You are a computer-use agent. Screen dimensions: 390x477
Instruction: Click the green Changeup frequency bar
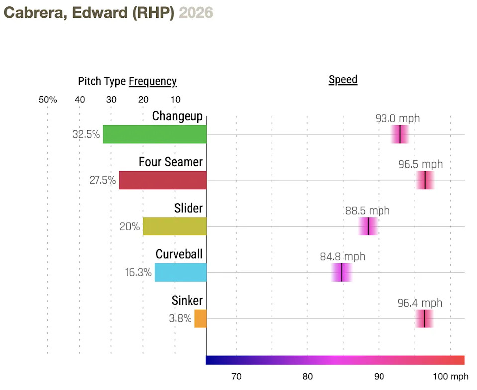[155, 134]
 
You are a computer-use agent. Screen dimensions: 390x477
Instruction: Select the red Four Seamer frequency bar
[163, 180]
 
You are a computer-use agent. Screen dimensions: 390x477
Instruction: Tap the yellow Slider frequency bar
[175, 227]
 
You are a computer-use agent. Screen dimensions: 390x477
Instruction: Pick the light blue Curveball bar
[181, 272]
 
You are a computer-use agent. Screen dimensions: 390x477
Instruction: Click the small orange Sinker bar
[200, 318]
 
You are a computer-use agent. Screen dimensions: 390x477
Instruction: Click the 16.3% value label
[138, 272]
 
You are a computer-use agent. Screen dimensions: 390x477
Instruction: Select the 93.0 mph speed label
[397, 118]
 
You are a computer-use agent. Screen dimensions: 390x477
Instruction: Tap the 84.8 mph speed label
[342, 257]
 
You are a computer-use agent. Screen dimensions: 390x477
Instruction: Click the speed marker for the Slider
[368, 227]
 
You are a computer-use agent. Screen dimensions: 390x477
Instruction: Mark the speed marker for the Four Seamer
[425, 180]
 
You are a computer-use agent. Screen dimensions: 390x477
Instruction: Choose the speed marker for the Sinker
[424, 318]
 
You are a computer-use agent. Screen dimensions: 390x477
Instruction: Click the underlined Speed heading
[343, 79]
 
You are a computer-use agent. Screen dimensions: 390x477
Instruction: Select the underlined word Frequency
[152, 81]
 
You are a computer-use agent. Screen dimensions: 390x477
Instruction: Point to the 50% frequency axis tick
[48, 100]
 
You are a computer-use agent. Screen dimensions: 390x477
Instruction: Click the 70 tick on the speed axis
[236, 377]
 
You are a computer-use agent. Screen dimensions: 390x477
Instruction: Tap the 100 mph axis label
[450, 377]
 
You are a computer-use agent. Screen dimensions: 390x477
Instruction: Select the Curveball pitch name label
[179, 254]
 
